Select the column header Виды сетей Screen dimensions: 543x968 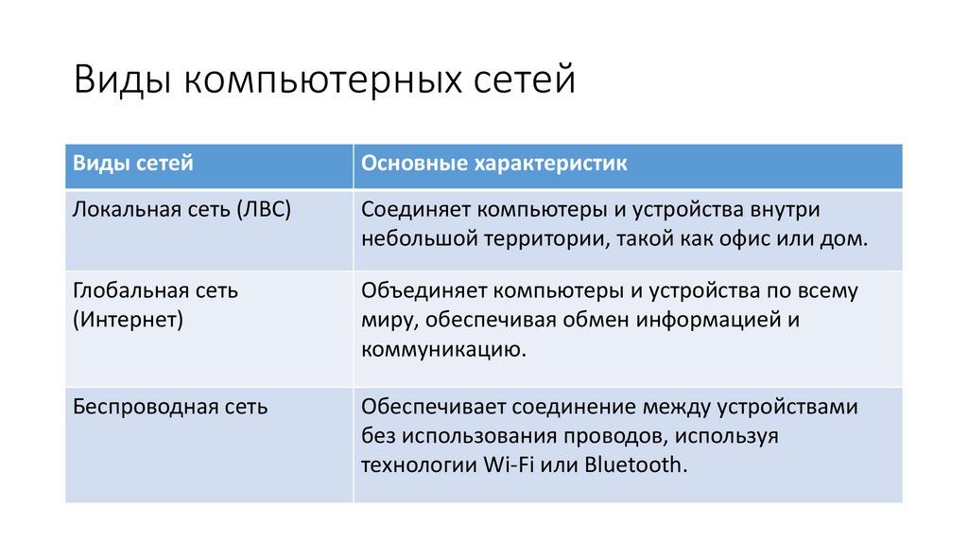coord(133,164)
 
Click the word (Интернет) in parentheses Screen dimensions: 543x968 coord(128,320)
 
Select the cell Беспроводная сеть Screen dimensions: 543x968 coord(170,408)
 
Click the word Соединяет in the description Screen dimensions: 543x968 coord(414,209)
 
